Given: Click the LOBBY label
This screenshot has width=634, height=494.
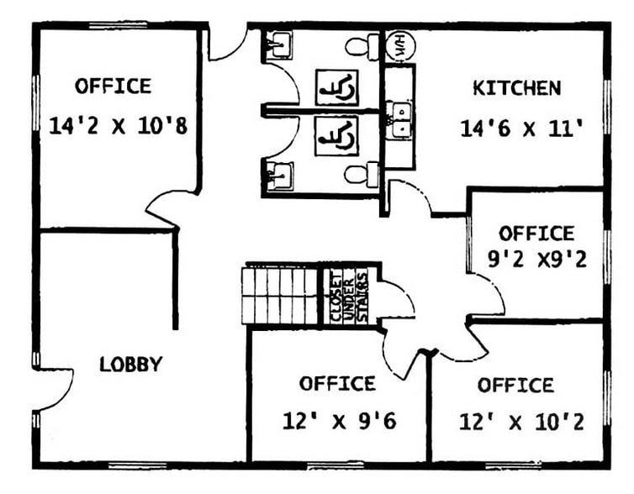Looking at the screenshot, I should pos(130,365).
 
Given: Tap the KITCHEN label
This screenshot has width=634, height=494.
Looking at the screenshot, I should pos(516,88).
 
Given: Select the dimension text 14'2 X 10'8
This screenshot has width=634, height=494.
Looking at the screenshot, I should pos(117,127).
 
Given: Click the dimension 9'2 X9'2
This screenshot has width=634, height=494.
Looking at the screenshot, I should pos(537,260).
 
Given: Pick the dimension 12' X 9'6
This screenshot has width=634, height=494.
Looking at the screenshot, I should pos(339,420).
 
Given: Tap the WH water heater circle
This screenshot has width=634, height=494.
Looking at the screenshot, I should pos(397,45).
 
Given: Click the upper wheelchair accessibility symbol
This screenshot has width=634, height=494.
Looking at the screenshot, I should pos(336,87).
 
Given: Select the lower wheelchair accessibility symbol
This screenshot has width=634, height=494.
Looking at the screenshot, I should pos(336,135).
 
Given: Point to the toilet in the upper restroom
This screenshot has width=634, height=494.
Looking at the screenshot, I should pos(363,45).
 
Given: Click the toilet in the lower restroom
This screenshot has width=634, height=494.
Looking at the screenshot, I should pos(363,175).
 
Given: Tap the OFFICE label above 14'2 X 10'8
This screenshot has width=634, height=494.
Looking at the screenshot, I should pos(113,86).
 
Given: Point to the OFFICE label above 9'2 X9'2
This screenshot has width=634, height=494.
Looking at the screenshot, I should pos(536,234).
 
